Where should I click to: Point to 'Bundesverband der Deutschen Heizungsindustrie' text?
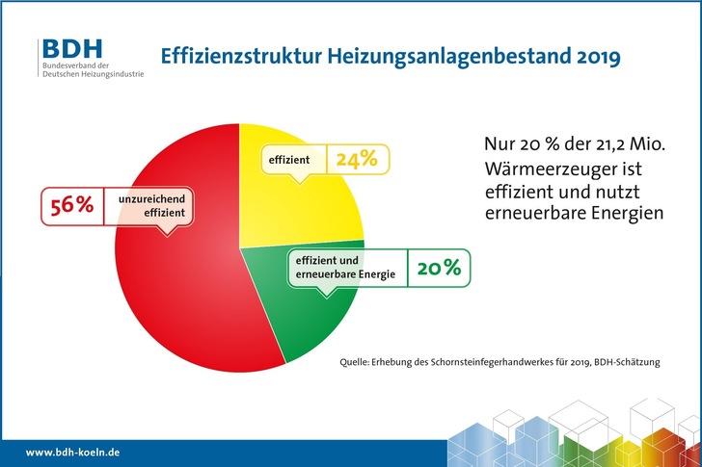tap(93, 72)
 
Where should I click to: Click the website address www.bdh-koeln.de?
tap(72, 452)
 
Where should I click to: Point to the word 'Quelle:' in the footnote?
tap(358, 363)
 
